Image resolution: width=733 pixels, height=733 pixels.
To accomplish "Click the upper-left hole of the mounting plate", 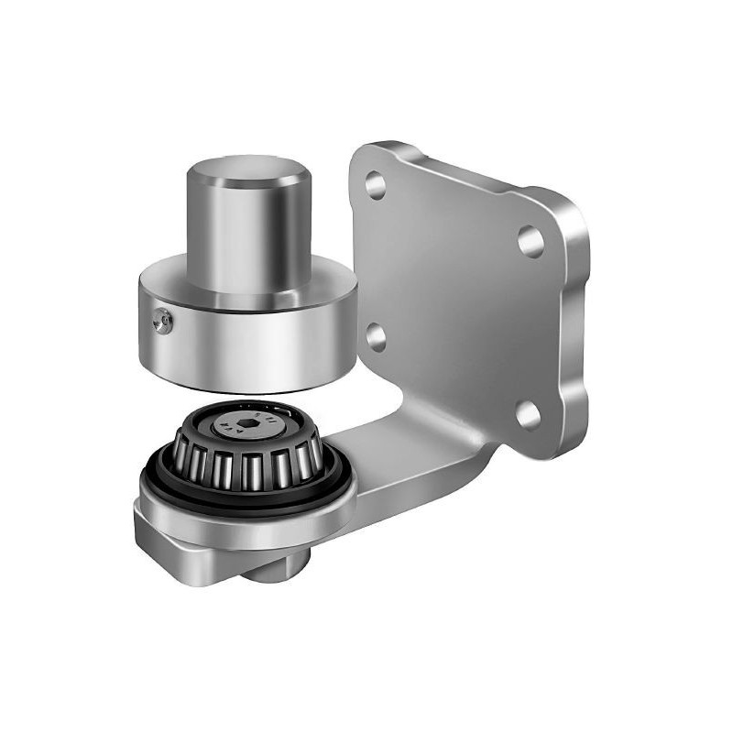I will (375, 184).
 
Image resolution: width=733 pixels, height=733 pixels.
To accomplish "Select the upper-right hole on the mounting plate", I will (531, 240).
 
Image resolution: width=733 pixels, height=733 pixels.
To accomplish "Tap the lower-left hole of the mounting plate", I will (376, 337).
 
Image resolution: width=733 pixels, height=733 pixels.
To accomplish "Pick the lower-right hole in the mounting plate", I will (529, 414).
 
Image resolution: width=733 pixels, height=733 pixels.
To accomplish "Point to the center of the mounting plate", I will (458, 293).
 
